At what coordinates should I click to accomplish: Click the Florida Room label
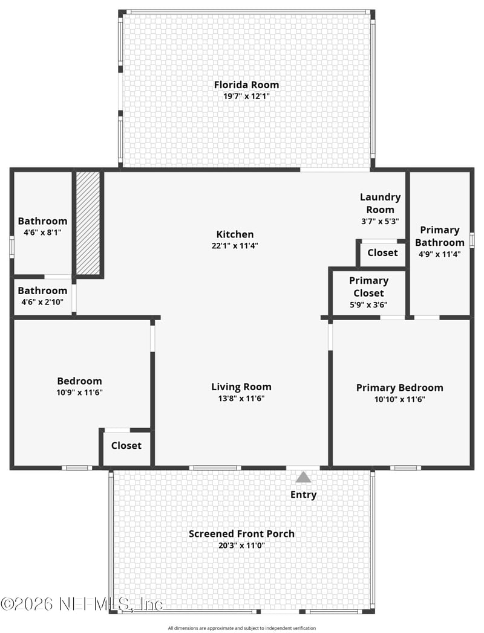(x=246, y=85)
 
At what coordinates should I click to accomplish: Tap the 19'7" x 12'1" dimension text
(x=246, y=96)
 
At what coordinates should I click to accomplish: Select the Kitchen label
(x=235, y=234)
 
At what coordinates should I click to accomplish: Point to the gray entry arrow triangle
(x=303, y=477)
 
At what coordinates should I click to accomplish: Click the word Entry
(x=303, y=495)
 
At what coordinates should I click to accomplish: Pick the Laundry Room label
(x=380, y=203)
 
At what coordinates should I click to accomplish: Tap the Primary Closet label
(x=368, y=287)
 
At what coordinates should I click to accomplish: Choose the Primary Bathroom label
(x=440, y=236)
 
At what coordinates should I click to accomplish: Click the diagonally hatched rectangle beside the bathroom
(x=88, y=223)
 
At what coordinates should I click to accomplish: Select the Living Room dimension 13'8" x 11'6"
(x=241, y=398)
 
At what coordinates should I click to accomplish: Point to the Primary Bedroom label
(x=399, y=388)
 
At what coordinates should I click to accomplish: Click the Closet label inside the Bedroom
(x=126, y=446)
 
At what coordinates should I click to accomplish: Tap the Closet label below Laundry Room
(x=382, y=252)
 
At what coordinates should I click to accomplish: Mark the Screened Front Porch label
(x=241, y=534)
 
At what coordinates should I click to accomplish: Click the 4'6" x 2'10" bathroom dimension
(x=42, y=302)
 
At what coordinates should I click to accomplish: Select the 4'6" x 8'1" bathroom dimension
(x=42, y=233)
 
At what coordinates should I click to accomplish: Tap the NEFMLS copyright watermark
(x=82, y=603)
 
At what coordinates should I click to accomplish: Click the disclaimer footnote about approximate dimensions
(x=241, y=628)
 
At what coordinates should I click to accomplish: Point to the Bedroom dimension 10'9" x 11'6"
(x=79, y=393)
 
